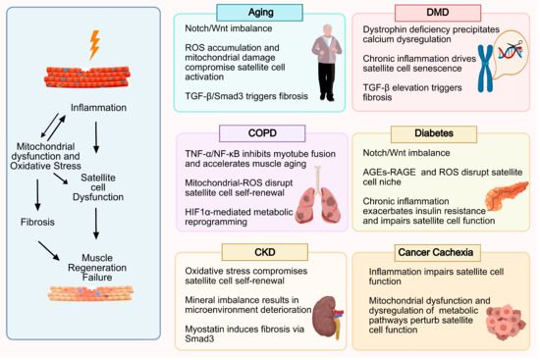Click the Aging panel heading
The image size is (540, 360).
[259, 13]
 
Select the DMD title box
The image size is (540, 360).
[438, 13]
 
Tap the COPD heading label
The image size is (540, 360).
[262, 133]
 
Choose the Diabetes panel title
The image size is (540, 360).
[434, 133]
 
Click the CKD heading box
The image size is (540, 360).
[265, 252]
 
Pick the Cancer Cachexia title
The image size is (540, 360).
[437, 253]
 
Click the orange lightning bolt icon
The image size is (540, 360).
[94, 45]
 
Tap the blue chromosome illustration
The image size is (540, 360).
[485, 69]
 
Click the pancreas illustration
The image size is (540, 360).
[507, 195]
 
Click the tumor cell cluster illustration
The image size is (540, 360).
[506, 322]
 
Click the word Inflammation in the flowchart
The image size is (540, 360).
[98, 108]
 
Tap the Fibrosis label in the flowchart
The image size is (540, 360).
[37, 222]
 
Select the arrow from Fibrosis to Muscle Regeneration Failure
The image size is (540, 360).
[49, 250]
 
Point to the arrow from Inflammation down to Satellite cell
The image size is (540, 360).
[96, 137]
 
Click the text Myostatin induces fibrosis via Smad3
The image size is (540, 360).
[244, 334]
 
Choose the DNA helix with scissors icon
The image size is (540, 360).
[511, 51]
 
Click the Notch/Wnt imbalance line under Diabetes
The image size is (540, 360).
[406, 153]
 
